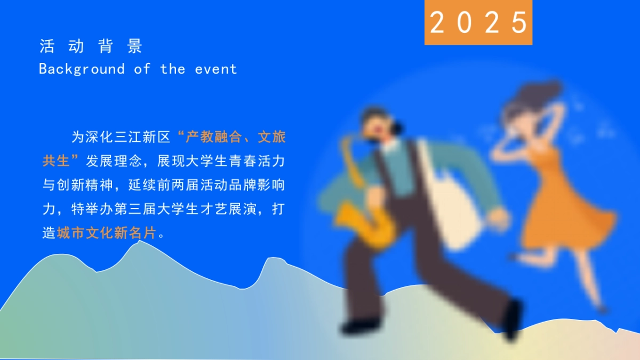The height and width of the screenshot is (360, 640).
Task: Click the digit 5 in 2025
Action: click(x=518, y=22)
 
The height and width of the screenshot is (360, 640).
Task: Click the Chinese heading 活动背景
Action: click(x=91, y=46)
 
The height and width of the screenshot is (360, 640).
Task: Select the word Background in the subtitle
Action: click(x=82, y=69)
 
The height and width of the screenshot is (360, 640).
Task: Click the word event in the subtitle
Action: click(x=215, y=69)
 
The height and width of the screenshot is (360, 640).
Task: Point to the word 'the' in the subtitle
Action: click(x=172, y=69)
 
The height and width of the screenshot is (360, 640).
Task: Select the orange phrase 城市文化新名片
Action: click(x=107, y=233)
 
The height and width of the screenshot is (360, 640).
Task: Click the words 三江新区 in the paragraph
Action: click(x=143, y=137)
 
